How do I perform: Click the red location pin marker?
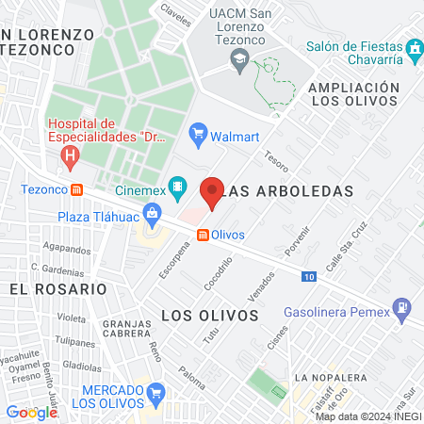click(x=212, y=192)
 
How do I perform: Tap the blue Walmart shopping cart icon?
click(x=197, y=134)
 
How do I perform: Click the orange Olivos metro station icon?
click(x=202, y=234)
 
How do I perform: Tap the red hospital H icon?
click(x=68, y=155)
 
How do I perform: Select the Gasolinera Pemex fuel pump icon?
click(x=402, y=306)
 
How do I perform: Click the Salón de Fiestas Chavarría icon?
click(x=414, y=47)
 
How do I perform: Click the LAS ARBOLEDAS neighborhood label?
click(x=290, y=190)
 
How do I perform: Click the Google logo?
click(x=32, y=412)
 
